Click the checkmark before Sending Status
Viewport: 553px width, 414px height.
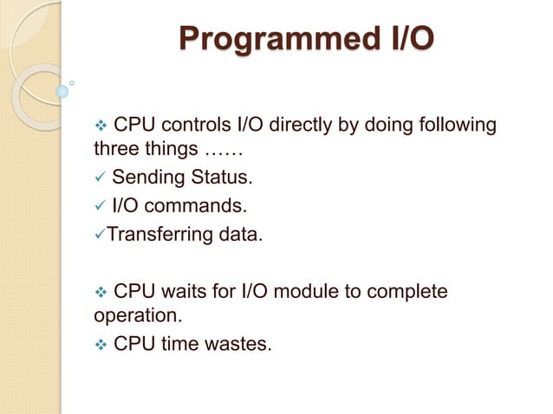(x=101, y=179)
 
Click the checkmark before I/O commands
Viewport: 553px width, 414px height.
(x=101, y=207)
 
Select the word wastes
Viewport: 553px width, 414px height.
(x=238, y=345)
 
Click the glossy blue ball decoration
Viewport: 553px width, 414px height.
(x=62, y=90)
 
